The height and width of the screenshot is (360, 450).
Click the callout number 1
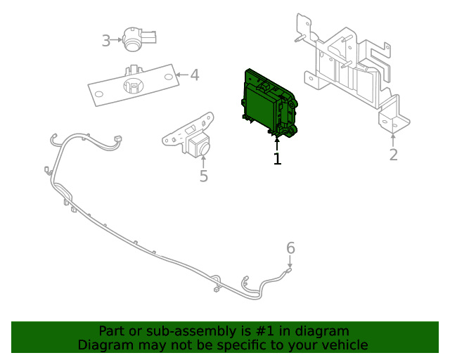click(277, 160)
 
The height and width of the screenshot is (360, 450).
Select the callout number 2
click(393, 155)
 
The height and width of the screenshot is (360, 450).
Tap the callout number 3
click(105, 41)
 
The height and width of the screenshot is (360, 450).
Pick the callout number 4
click(194, 75)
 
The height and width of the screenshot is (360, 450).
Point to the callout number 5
click(203, 176)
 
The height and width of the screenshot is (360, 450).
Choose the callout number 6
click(290, 247)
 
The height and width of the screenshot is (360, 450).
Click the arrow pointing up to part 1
click(277, 143)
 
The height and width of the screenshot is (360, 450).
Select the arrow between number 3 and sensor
click(117, 41)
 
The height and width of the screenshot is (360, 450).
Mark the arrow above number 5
click(203, 160)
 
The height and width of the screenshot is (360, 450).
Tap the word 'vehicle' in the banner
click(344, 345)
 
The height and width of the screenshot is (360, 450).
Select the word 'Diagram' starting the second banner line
click(103, 345)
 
